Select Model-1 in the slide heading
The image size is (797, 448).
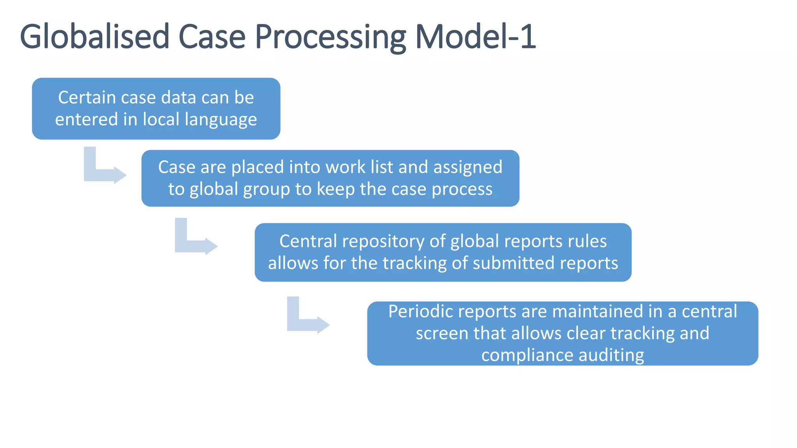click(x=476, y=37)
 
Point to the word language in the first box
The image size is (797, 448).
click(x=221, y=120)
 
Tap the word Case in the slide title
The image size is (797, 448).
click(x=212, y=37)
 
